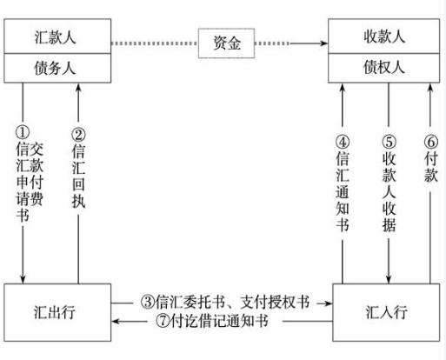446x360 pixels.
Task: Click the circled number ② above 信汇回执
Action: [x=78, y=135]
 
